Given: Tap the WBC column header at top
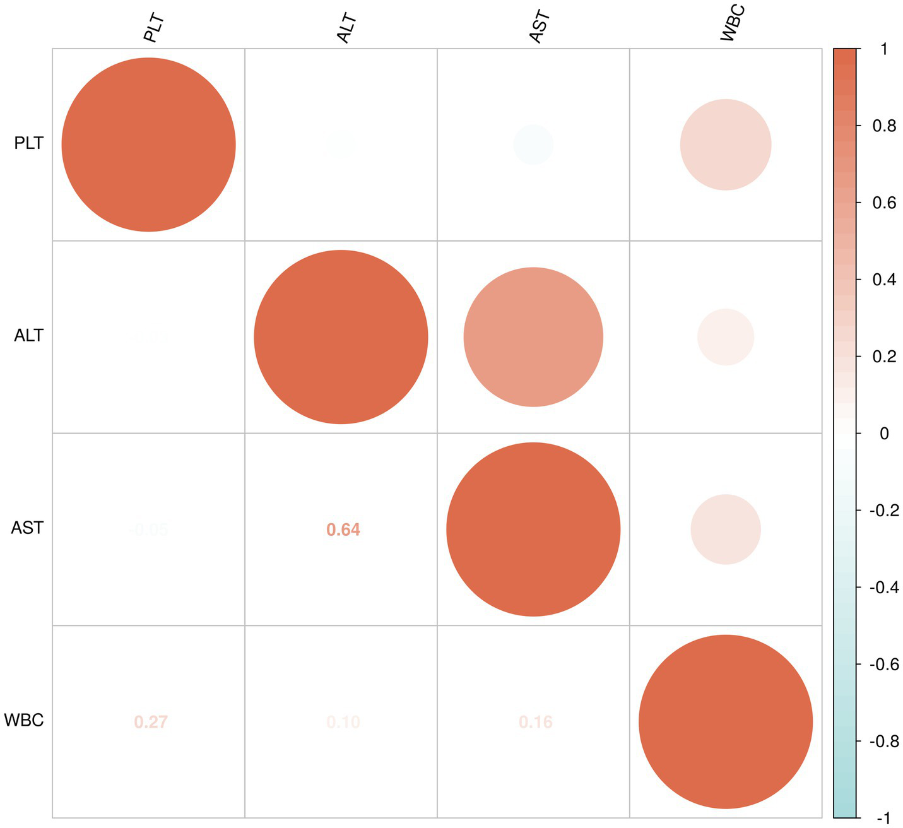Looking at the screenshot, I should click(x=732, y=24).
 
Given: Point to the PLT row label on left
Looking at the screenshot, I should click(x=29, y=144).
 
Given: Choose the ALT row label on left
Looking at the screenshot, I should click(x=29, y=336).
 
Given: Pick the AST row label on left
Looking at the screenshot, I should click(x=28, y=528).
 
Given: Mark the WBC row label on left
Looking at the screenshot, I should click(x=24, y=720).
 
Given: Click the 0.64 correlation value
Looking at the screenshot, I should click(x=343, y=529).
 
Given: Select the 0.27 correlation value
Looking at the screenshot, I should click(x=151, y=722).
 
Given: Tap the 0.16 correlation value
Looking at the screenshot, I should click(x=536, y=722).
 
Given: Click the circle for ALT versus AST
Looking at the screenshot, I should click(x=533, y=337).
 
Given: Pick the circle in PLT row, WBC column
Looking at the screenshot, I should click(x=726, y=145).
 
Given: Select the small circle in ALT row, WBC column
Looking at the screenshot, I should click(x=726, y=337).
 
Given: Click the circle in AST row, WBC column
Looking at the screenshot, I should click(x=726, y=529).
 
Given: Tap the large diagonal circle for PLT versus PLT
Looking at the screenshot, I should click(x=148, y=145).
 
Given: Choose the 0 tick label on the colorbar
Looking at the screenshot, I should click(x=883, y=434).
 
